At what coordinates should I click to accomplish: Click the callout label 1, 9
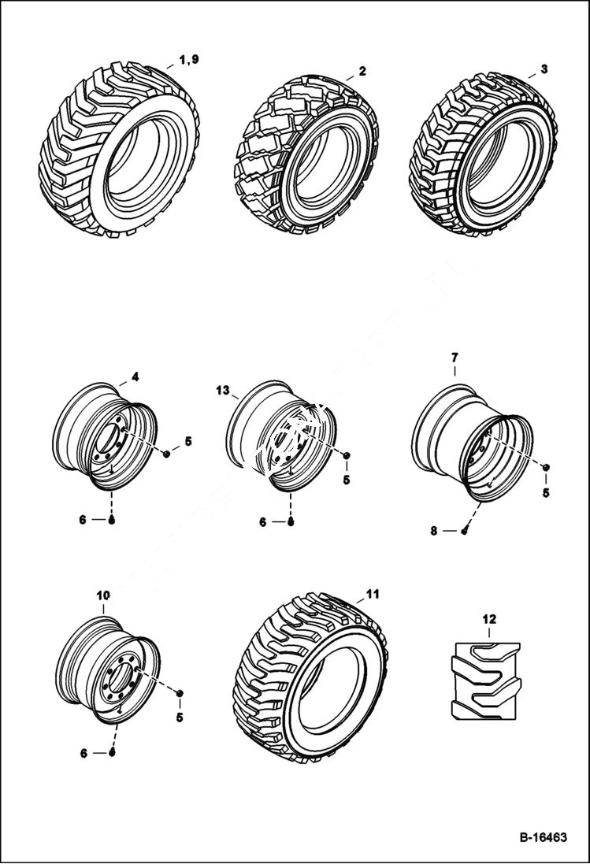189,61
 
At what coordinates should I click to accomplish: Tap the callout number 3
544,69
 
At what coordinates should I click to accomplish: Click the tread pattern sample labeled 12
484,680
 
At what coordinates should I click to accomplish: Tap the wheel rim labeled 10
108,669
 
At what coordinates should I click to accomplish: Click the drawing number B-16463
543,837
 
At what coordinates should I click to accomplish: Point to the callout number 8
434,531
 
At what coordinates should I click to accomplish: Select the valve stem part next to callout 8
465,531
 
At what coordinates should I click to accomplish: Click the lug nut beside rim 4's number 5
167,453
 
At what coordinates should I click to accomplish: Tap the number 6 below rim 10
83,753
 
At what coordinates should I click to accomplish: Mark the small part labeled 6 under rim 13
291,521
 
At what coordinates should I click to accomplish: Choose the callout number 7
454,358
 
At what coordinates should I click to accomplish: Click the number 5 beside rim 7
546,493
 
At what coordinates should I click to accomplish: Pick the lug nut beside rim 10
180,693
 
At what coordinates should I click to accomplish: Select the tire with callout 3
478,154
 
